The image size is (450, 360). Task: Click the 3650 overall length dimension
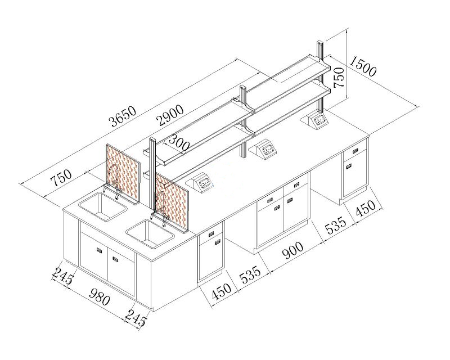click(123, 116)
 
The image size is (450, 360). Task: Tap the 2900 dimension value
click(171, 115)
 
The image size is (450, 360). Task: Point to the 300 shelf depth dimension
click(178, 143)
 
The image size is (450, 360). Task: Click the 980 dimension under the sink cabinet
click(100, 297)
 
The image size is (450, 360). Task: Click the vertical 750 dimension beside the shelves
click(339, 77)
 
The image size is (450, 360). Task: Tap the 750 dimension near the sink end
click(61, 178)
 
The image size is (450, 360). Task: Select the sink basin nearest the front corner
click(150, 233)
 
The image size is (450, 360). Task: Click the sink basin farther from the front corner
click(103, 206)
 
